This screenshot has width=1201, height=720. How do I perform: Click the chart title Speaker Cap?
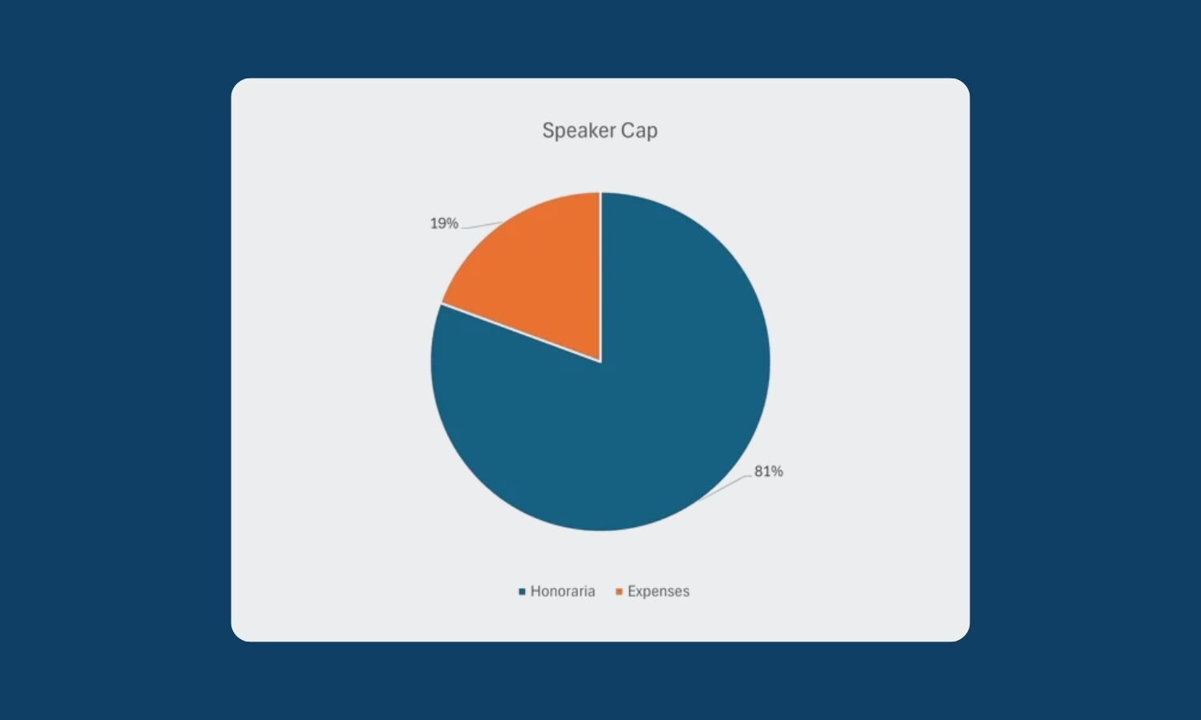click(600, 130)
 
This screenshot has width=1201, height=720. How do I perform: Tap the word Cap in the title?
click(639, 130)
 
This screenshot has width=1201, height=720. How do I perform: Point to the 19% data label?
click(444, 223)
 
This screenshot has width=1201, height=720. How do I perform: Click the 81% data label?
click(769, 471)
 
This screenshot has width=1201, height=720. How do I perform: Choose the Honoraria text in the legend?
click(563, 591)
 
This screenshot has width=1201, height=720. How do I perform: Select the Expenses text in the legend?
click(658, 591)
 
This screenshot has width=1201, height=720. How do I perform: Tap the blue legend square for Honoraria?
click(522, 591)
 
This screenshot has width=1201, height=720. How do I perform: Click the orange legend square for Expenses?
click(619, 591)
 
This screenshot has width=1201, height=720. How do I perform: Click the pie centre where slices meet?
click(600, 361)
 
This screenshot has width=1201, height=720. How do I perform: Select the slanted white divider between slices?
click(520, 333)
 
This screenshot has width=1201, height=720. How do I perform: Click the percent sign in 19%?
click(453, 223)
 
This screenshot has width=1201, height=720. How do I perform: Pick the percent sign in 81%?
click(777, 471)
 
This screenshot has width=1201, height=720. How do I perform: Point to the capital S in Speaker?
click(548, 130)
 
